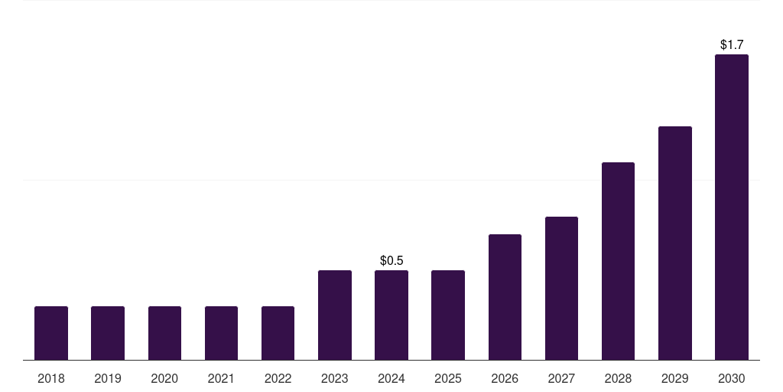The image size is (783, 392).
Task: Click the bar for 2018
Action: [x=51, y=333]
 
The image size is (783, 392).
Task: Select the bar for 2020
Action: [x=164, y=333]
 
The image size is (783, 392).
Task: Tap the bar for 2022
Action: [x=278, y=333]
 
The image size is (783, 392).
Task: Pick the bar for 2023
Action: [x=335, y=315]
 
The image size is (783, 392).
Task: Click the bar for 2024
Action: [x=391, y=315]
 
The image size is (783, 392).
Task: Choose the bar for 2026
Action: [x=505, y=297]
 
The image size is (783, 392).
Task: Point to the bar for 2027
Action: [x=561, y=288]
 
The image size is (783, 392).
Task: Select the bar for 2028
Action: [x=618, y=261]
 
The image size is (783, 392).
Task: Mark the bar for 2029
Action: [x=675, y=243]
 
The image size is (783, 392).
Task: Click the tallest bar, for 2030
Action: [x=732, y=207]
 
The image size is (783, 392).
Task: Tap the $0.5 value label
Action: [x=391, y=261]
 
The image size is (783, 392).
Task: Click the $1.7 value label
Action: [x=732, y=45]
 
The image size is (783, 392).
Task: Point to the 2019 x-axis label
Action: [x=108, y=378]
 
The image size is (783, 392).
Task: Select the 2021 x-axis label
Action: [x=221, y=378]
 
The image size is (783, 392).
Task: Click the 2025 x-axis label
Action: [x=448, y=378]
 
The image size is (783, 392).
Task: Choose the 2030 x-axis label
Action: [x=732, y=378]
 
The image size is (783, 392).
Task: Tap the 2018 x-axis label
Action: [x=51, y=378]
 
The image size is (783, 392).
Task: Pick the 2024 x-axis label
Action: [x=391, y=378]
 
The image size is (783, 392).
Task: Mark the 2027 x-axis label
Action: [x=561, y=378]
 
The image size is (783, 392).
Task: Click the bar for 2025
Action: [x=448, y=315]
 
